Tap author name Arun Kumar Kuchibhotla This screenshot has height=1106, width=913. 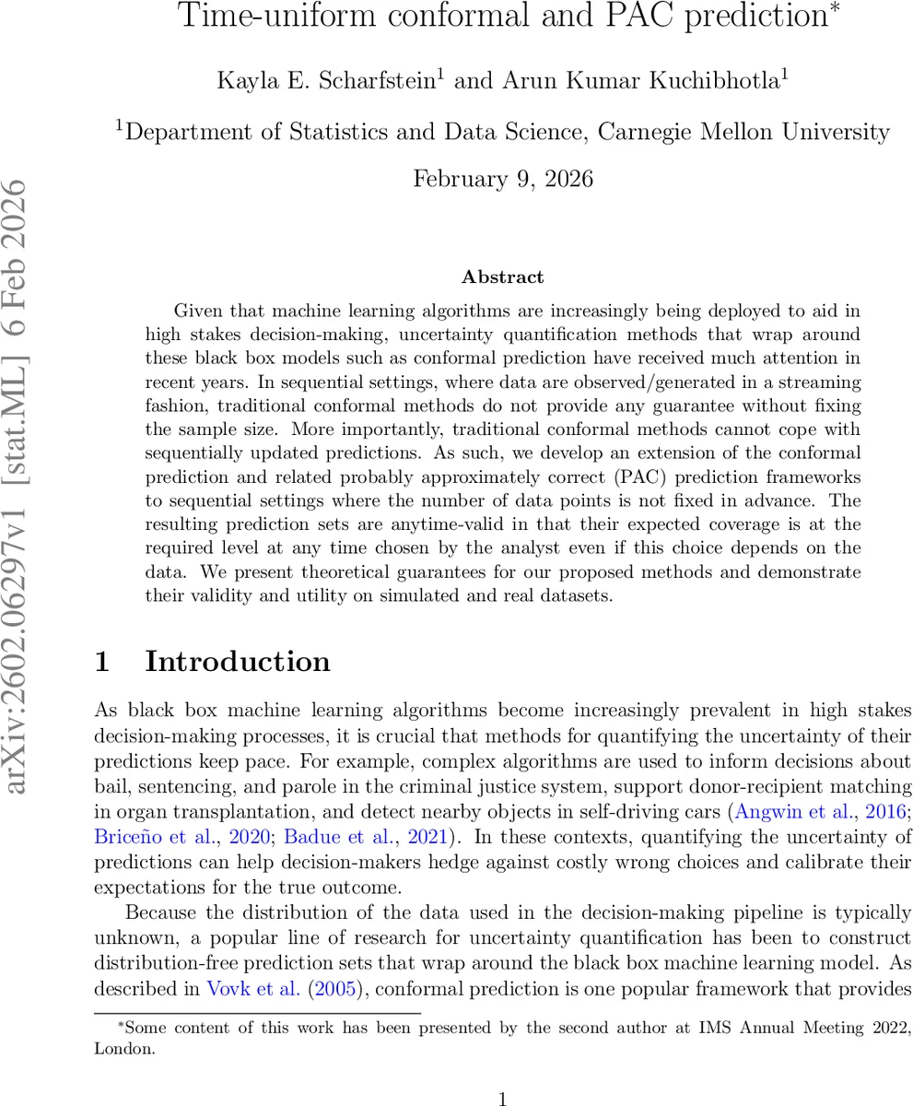(641, 80)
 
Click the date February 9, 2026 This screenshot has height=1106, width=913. (502, 178)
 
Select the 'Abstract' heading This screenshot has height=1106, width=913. (502, 276)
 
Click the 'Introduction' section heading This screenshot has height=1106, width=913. (237, 662)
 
